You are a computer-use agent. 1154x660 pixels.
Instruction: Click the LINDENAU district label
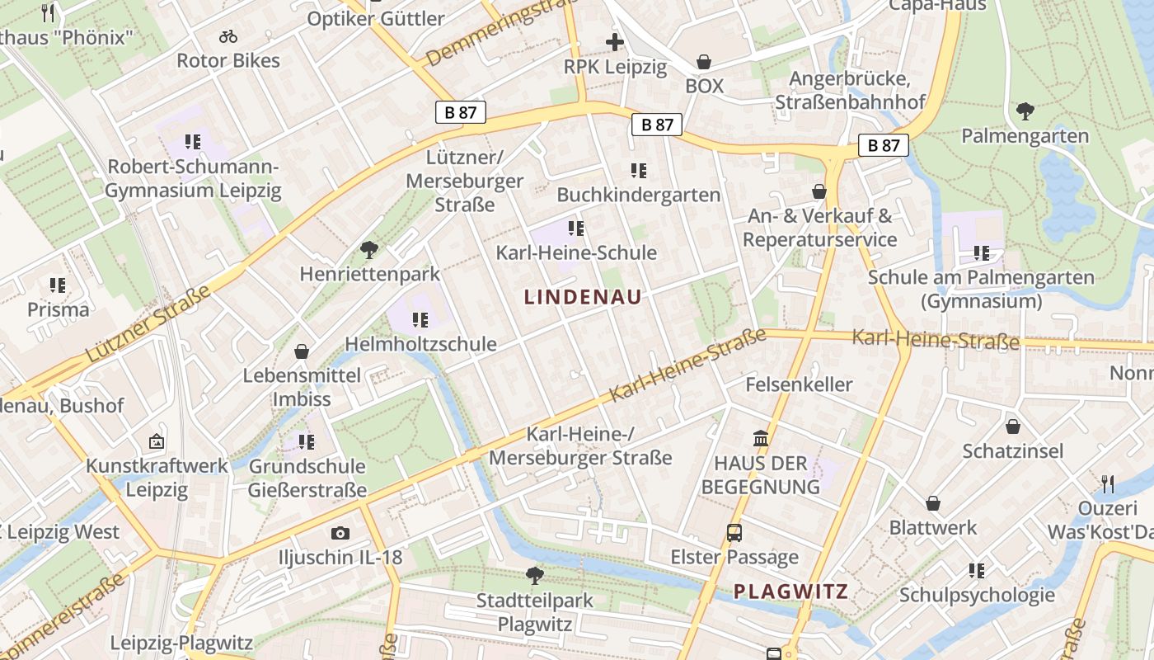click(583, 298)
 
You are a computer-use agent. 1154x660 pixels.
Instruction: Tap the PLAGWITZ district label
click(790, 591)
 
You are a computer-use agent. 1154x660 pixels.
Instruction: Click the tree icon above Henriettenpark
click(369, 248)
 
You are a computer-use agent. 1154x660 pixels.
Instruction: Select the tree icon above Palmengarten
click(1025, 111)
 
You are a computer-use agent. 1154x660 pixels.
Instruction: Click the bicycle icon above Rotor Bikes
click(228, 36)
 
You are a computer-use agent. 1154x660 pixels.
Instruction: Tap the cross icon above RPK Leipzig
click(615, 42)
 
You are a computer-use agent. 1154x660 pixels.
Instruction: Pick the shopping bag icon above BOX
click(704, 62)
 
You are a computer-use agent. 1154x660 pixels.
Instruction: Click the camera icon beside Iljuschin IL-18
click(340, 534)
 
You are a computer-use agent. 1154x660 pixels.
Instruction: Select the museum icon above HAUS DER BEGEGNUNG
click(761, 438)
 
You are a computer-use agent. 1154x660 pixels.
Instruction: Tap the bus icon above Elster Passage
click(734, 533)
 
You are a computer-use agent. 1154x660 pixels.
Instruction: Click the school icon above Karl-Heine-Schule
click(576, 228)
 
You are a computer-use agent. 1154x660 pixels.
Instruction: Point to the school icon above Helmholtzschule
click(420, 319)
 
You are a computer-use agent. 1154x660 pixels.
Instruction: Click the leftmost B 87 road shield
click(461, 113)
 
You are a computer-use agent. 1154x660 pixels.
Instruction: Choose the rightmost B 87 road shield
click(883, 145)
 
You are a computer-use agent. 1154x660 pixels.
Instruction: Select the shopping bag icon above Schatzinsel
click(1012, 427)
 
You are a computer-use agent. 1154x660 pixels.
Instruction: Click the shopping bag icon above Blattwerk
click(933, 503)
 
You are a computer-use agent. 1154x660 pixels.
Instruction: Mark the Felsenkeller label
click(799, 384)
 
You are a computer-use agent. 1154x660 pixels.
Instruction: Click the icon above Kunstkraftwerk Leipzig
click(157, 441)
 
